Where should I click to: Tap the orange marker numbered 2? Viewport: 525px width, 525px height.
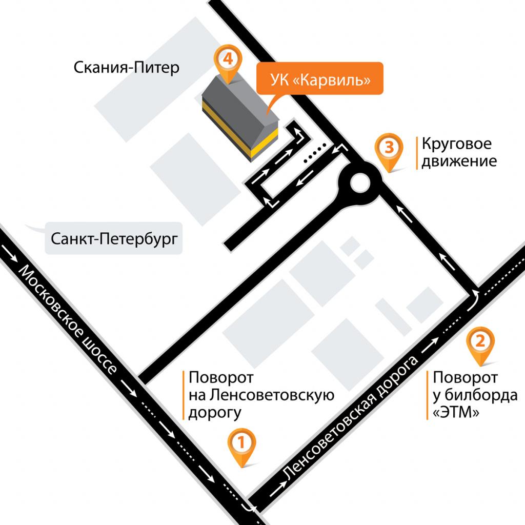click(480, 342)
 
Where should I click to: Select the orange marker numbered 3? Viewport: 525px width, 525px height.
click(389, 149)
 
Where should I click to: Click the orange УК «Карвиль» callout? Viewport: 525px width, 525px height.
click(319, 79)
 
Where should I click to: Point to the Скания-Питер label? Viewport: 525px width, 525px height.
click(127, 67)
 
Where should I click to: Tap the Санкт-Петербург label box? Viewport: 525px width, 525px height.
click(114, 239)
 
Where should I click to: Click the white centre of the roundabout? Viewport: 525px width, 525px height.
click(359, 182)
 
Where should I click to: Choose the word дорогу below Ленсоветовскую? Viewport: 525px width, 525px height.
click(214, 412)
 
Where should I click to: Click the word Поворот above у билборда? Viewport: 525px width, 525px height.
click(465, 378)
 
